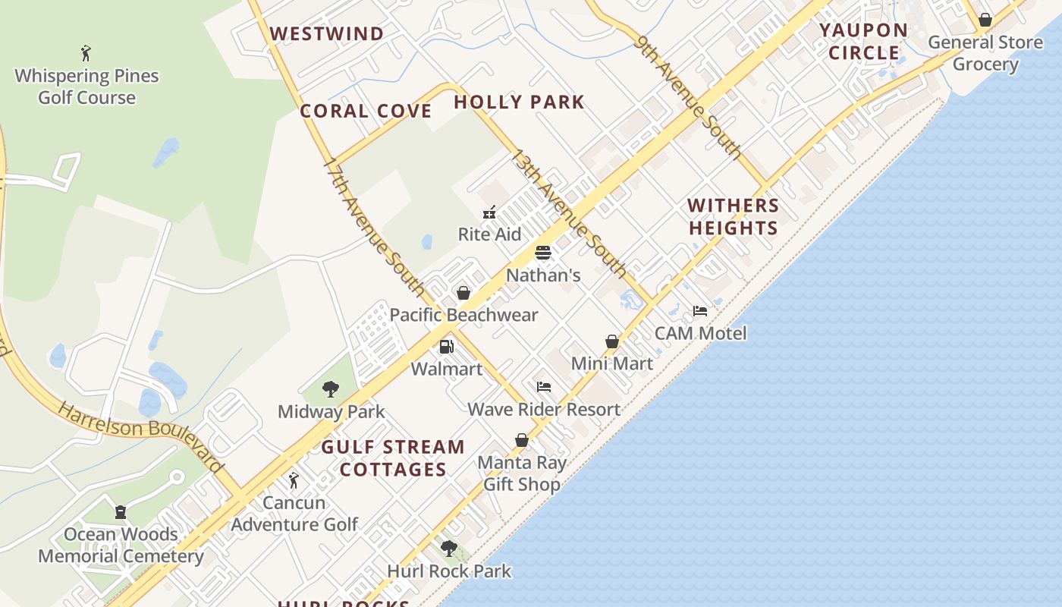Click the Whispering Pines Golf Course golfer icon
coord(86,53)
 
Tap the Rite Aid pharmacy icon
coord(489,212)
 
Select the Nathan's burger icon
coord(542,253)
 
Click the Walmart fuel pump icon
coord(446,347)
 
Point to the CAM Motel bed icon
coord(700,311)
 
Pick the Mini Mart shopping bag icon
coord(612,341)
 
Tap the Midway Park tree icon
coord(331,389)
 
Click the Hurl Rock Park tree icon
coord(449,549)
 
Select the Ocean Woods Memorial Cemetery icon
coord(121,512)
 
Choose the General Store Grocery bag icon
coord(985,20)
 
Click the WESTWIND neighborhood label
coord(327,33)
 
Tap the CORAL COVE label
coord(366,111)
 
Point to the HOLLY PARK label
coord(519,102)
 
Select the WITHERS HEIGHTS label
coord(733,216)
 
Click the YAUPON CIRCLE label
coord(863,42)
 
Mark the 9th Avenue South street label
coord(689,97)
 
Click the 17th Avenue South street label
coord(374,226)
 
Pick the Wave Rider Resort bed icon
coord(544,387)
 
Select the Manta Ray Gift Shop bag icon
coord(522,440)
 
